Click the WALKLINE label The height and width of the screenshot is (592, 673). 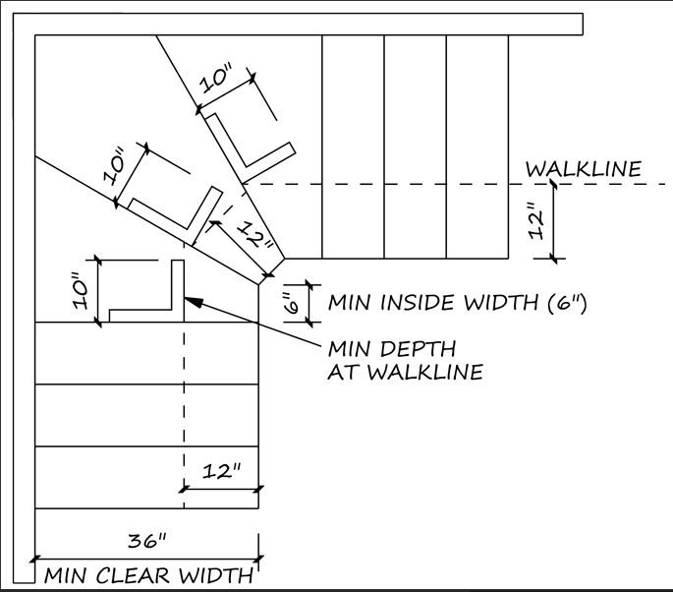tap(584, 169)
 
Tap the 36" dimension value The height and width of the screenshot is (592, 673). tap(146, 540)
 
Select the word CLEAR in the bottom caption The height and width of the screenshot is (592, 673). tap(133, 575)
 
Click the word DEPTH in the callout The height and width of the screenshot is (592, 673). tap(416, 348)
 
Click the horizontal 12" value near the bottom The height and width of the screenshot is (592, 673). tap(221, 471)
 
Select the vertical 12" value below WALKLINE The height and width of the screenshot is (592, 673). tap(536, 219)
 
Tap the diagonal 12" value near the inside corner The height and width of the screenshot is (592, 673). tap(256, 235)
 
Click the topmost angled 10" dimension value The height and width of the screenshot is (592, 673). tap(217, 78)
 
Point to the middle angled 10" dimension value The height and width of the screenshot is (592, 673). tap(114, 166)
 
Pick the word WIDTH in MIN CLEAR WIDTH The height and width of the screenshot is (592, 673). tap(216, 575)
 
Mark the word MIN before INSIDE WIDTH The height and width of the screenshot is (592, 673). tap(350, 303)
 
